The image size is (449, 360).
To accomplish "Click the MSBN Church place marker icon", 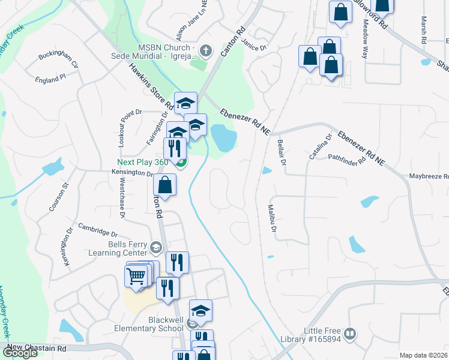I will point(206,50).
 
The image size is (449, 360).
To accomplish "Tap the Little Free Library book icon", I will point(351,333).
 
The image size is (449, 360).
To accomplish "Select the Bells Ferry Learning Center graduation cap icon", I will point(156,247).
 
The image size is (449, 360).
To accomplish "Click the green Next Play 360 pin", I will point(179,161).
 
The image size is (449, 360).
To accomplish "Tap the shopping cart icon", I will point(136,276).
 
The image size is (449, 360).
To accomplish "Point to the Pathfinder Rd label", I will point(347,159).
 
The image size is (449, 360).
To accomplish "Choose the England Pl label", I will point(50,79).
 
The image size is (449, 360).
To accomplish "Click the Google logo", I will point(20,353).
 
